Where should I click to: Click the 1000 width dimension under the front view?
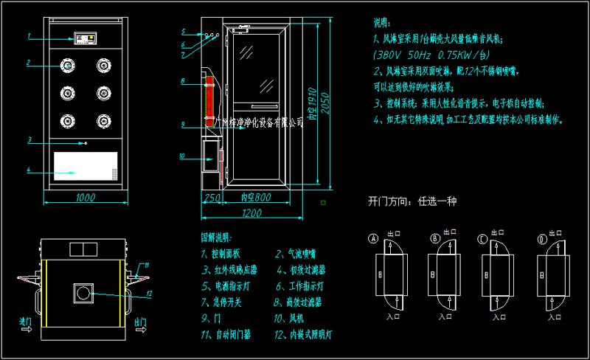pos(86,198)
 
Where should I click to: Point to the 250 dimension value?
pos(212,198)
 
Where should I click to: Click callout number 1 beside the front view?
pos(28,35)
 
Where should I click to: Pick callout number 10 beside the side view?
pos(182,156)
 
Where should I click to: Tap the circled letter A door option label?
pos(373,239)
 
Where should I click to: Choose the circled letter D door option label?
pos(542,239)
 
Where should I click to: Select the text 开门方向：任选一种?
pos(413,201)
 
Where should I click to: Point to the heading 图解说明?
pos(216,238)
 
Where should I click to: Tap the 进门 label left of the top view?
pos(26,322)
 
